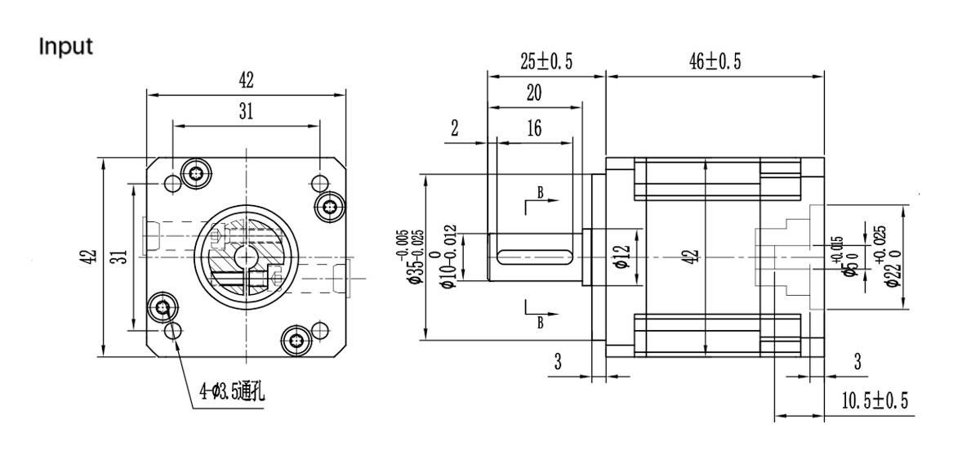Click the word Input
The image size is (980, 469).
(x=66, y=47)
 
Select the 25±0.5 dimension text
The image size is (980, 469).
(x=546, y=61)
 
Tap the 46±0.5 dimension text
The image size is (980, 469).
(x=715, y=61)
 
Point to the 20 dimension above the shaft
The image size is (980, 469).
(x=534, y=93)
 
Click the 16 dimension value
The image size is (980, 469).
(x=534, y=129)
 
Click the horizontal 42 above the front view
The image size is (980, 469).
(x=246, y=80)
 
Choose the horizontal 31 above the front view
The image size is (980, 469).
(x=246, y=113)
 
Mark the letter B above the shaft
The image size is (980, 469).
(x=540, y=193)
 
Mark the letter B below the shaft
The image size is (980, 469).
(x=540, y=322)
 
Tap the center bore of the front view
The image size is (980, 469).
(x=244, y=256)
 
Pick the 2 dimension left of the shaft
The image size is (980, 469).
(x=455, y=129)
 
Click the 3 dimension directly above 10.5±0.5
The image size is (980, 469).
(x=857, y=363)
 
